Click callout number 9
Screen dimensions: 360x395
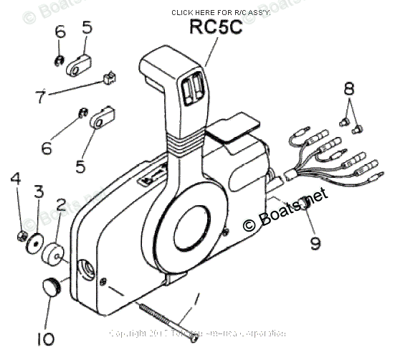click(315, 242)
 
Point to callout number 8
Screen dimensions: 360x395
click(349, 89)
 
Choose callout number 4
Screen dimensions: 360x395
click(16, 176)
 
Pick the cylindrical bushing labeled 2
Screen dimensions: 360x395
click(54, 255)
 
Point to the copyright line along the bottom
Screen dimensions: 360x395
click(197, 333)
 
